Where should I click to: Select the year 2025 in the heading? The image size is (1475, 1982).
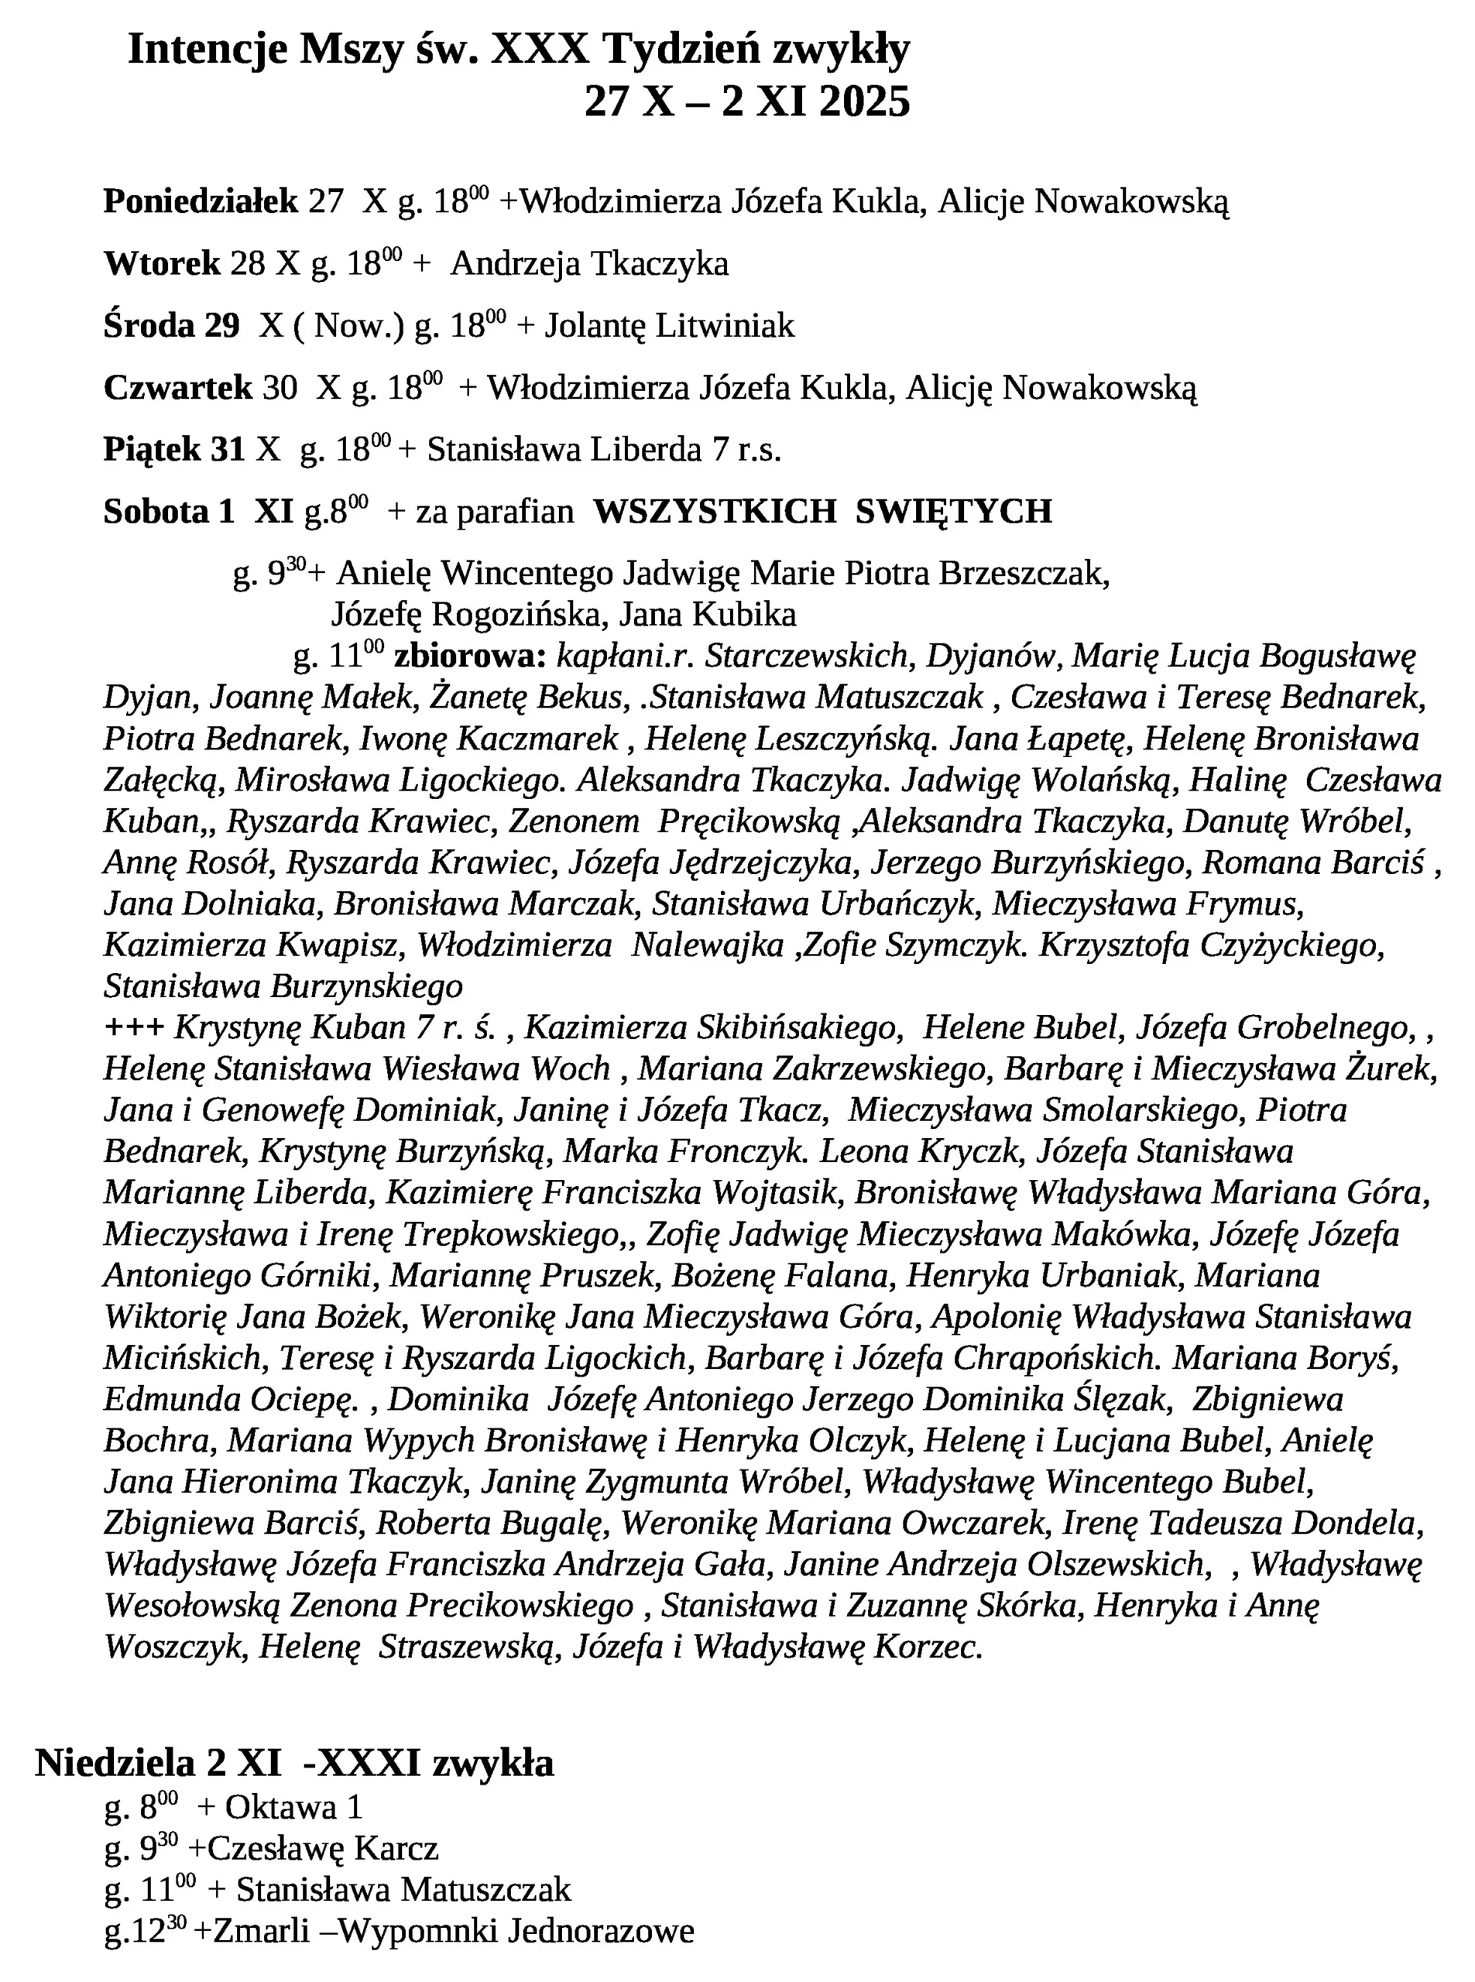click(x=863, y=101)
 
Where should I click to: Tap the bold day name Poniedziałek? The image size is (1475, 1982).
click(x=200, y=202)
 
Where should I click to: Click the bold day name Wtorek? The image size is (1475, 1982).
click(x=162, y=264)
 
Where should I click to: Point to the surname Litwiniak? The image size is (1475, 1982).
click(x=724, y=326)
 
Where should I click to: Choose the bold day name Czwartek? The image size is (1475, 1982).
click(x=177, y=389)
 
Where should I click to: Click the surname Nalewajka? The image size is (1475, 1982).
click(x=707, y=945)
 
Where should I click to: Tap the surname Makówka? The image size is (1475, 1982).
click(x=1124, y=1235)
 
